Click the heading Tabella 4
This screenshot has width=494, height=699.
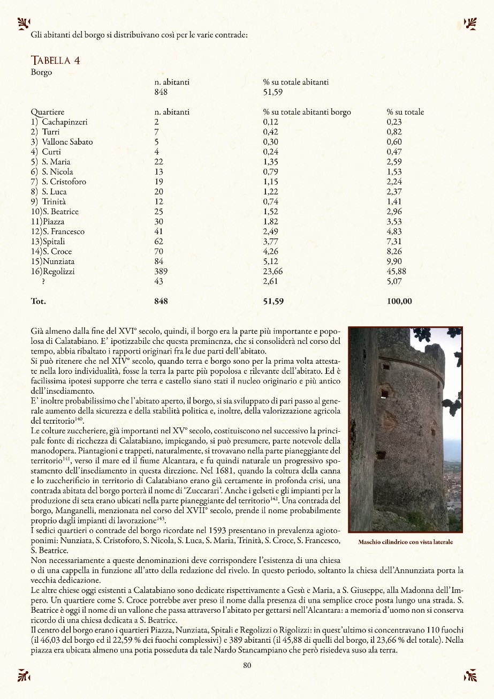point(56,60)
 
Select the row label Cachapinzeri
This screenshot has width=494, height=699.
point(64,122)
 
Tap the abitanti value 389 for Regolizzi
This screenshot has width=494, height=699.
point(161,272)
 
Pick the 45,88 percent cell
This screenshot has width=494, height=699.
point(396,272)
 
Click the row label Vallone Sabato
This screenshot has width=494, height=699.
point(67,142)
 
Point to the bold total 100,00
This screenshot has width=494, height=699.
point(399,302)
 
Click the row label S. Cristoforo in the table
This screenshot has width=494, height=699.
point(64,182)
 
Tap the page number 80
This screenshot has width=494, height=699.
point(247,666)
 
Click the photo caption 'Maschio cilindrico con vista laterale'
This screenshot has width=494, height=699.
point(405,542)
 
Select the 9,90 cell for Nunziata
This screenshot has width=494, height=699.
point(394,261)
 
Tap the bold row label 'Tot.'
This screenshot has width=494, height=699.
point(39,302)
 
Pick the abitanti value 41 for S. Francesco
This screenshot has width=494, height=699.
point(158,231)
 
